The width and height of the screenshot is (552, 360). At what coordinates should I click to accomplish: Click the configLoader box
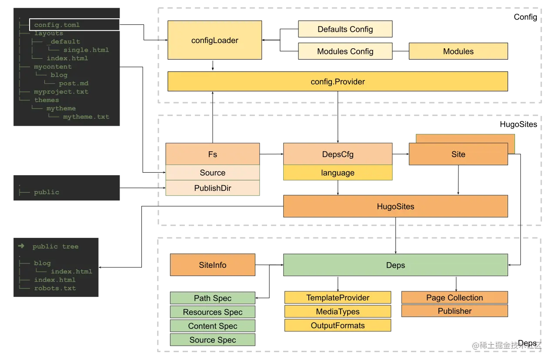pos(214,40)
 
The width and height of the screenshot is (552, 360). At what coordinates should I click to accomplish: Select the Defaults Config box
pos(345,30)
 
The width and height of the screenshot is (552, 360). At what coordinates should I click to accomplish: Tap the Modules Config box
pos(345,51)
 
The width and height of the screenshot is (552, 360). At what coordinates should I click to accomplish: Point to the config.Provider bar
pos(338,82)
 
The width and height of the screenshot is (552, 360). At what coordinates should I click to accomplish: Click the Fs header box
pos(212,154)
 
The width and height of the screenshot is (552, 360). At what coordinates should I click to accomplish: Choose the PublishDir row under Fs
pos(212,188)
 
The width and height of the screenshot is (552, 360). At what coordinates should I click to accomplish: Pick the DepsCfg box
pos(338,154)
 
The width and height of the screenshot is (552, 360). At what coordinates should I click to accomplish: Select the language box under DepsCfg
pos(338,173)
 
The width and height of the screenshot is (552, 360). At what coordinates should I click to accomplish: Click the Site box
pos(458,154)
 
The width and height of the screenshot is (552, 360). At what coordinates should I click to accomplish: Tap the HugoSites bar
pos(395,207)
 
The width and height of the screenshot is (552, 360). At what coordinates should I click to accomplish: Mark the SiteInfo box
pos(212,265)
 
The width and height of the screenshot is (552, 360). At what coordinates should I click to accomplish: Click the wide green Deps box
pos(395,265)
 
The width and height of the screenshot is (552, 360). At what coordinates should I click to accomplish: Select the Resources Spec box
pos(212,312)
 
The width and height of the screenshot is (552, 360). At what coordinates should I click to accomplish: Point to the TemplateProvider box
pos(338,298)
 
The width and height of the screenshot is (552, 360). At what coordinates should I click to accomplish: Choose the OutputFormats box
pos(338,326)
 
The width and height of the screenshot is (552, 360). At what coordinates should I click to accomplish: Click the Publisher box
pos(455,311)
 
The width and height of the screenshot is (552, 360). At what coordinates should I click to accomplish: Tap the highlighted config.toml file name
pos(57,25)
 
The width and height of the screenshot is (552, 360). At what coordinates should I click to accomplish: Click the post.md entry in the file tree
pos(74,83)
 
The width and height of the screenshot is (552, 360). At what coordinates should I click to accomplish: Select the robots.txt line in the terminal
pos(55,288)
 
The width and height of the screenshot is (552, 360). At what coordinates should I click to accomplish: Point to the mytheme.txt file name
pos(86,117)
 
